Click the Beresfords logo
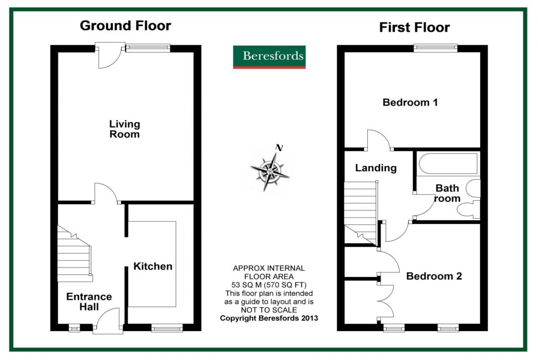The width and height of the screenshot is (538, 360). [269, 57]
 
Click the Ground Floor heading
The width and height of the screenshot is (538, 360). [125, 25]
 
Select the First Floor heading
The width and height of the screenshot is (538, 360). [415, 27]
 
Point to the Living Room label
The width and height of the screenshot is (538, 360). [125, 129]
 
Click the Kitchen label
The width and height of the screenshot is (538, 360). [152, 266]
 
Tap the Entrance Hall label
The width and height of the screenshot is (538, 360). [89, 302]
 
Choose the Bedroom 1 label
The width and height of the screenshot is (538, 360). [410, 102]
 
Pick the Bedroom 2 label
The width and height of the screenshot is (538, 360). [434, 276]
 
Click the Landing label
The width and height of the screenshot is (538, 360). [376, 168]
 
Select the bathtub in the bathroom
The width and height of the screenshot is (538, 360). [447, 164]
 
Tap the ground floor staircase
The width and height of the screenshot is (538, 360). [75, 254]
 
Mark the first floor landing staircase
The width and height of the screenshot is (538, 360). [360, 210]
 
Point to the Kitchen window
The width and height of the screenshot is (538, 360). [167, 328]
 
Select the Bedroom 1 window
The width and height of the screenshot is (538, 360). [435, 48]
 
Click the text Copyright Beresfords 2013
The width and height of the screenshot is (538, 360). [268, 318]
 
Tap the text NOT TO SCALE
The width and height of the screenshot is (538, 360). [268, 310]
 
